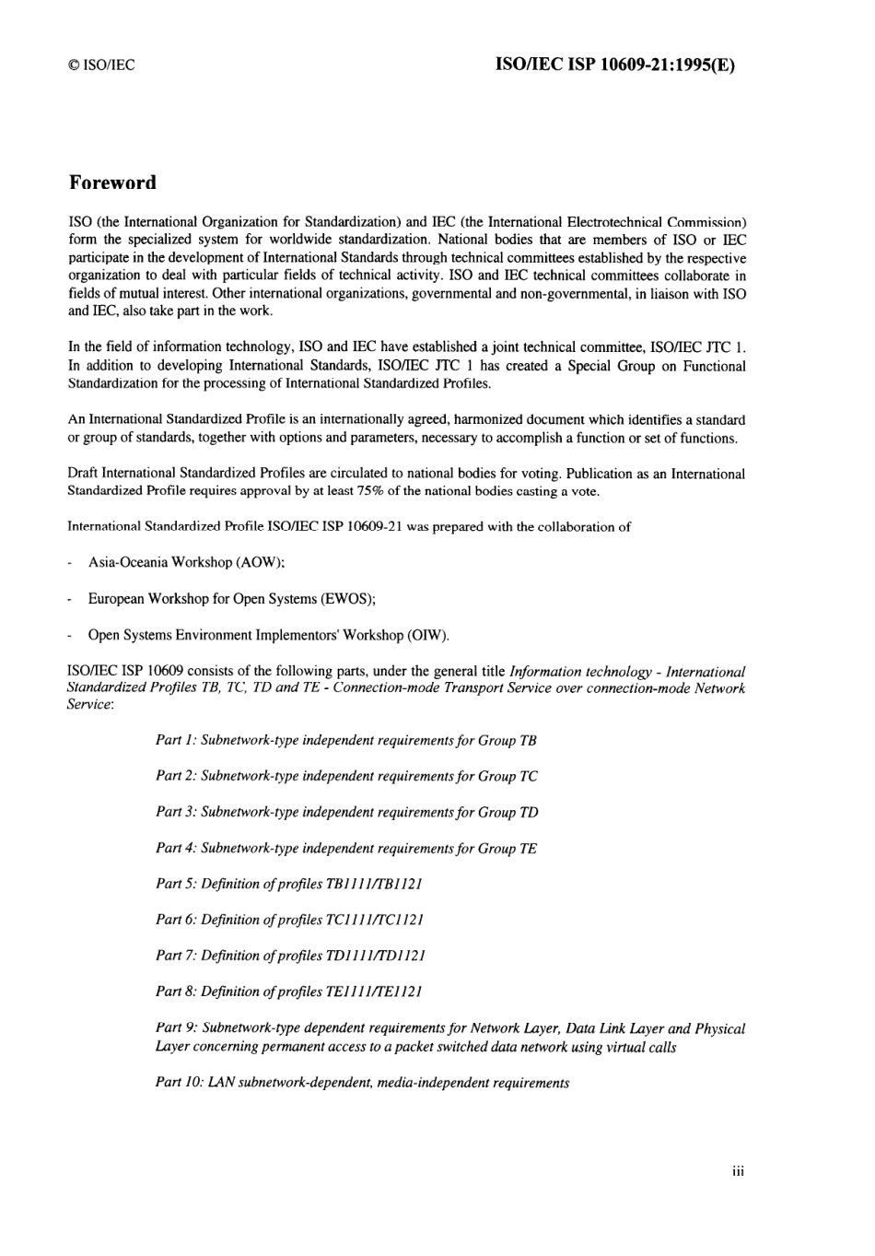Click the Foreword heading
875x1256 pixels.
(112, 182)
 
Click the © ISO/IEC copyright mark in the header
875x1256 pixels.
(101, 65)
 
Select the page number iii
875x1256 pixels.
(738, 1171)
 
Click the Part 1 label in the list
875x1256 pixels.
(176, 740)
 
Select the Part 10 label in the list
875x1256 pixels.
(180, 1083)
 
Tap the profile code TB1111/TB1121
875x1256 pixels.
(374, 884)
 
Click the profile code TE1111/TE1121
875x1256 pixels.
(374, 992)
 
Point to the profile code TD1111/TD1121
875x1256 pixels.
(375, 956)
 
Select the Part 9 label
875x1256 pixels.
(176, 1028)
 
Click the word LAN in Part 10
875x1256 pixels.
(221, 1083)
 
